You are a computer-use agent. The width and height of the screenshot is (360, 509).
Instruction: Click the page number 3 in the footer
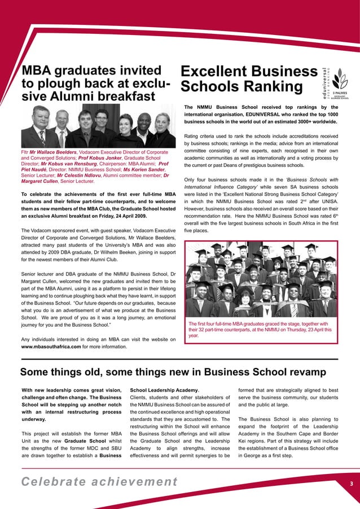tap(350, 484)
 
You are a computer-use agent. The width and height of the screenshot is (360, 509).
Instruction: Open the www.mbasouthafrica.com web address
tap(51, 346)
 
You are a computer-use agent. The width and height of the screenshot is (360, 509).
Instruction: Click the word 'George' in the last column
tap(251, 455)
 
